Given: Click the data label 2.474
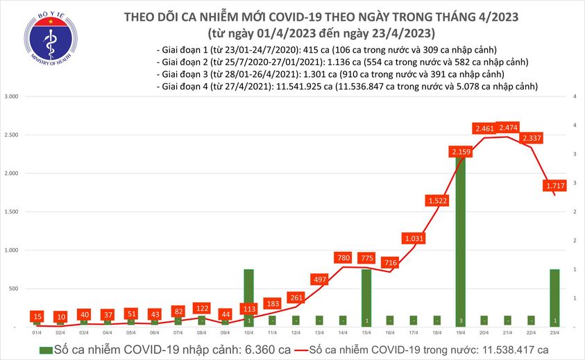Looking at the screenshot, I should tap(508, 128).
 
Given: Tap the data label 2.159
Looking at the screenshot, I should tap(461, 152).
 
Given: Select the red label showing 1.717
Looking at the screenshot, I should tap(555, 186).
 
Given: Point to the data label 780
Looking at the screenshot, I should tap(343, 258).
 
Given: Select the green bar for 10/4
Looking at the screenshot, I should tap(248, 297).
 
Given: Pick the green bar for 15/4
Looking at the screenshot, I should tap(366, 297).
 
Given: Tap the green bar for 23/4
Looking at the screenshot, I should tap(555, 297).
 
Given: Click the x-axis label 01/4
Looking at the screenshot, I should tap(36, 333).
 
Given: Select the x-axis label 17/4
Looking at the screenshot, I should tap(414, 333).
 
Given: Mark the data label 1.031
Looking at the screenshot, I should tap(414, 239).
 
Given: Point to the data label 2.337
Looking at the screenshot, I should tap(532, 138).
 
